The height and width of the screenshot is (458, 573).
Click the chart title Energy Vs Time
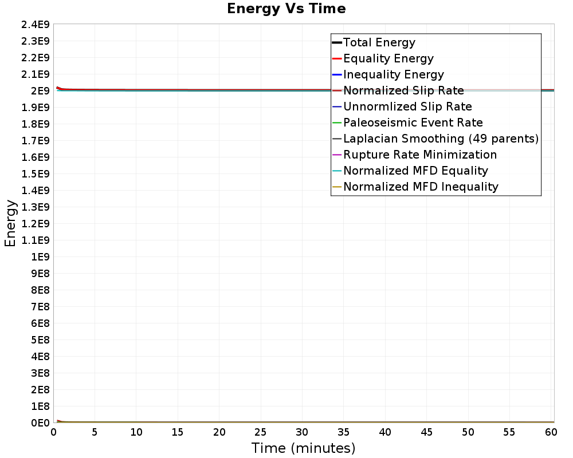(x=286, y=9)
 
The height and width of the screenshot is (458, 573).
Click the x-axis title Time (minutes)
(x=303, y=448)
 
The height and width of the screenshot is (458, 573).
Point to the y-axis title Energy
(x=10, y=223)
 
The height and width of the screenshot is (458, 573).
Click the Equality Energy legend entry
(x=388, y=58)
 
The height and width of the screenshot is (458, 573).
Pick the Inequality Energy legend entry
(x=394, y=74)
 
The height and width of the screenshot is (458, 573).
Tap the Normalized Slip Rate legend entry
(x=403, y=90)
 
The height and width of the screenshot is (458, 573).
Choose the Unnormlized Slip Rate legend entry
(x=407, y=106)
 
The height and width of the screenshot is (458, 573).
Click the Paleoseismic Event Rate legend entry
(x=413, y=123)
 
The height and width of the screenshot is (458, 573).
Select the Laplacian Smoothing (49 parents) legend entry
(x=441, y=139)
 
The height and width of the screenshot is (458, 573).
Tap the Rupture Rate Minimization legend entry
(x=420, y=155)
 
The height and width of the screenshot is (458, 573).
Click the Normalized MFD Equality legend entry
(x=415, y=171)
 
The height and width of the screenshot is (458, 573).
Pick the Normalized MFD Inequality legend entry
(x=421, y=187)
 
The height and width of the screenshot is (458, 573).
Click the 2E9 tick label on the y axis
(x=40, y=91)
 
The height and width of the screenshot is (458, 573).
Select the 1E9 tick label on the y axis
(x=40, y=257)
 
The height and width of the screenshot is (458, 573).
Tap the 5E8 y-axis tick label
(x=40, y=340)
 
